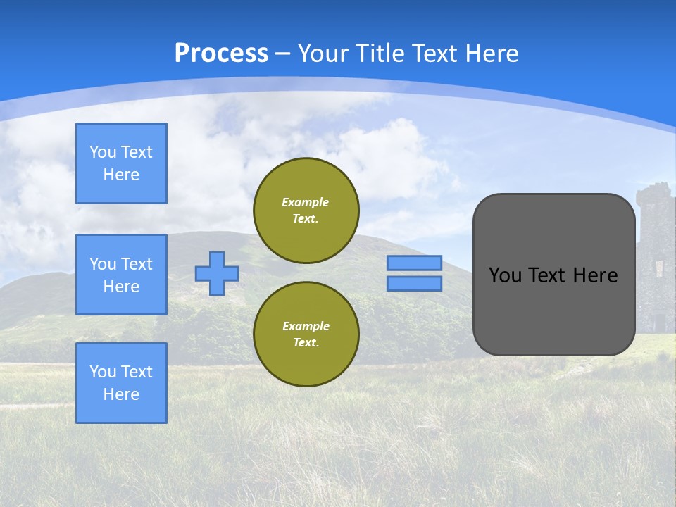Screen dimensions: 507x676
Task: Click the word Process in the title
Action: coord(221,54)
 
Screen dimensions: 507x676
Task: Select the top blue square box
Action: coord(121,163)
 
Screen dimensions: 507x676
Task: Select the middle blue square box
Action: coord(121,275)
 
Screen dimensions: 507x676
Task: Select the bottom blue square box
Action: coord(121,383)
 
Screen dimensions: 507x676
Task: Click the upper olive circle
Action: coord(306,211)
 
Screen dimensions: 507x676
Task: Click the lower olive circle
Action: coord(306,334)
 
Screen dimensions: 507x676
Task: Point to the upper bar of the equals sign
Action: coord(414,263)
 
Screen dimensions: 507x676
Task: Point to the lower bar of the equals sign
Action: coord(414,283)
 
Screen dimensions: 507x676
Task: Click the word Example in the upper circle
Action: coord(306,202)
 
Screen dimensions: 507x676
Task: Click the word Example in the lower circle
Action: coord(306,326)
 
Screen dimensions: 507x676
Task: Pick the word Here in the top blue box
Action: coord(121,175)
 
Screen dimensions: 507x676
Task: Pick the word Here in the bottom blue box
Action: coord(121,394)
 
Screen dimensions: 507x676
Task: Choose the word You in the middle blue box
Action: coord(102,264)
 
